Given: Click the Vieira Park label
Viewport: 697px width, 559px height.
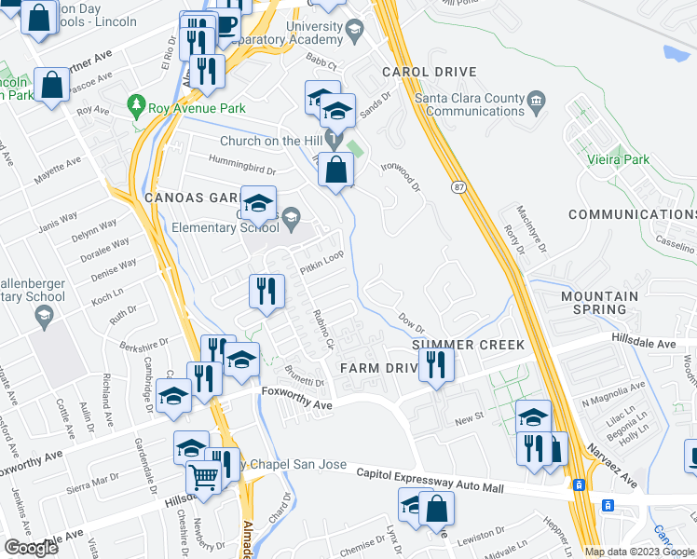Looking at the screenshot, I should coord(619,159).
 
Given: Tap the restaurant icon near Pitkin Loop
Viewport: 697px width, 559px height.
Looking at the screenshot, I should coord(266,290).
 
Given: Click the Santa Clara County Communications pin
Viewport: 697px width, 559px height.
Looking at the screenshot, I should coord(536,101).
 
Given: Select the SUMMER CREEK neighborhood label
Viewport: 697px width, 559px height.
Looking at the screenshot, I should coord(469,346).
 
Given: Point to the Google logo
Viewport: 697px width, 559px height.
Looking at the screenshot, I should coord(32,548).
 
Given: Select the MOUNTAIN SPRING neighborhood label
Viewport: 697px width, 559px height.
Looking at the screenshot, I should coord(599,303).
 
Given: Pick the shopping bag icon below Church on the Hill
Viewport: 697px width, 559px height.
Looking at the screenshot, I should coord(336,170).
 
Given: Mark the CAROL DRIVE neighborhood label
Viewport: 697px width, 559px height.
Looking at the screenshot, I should coord(429,72).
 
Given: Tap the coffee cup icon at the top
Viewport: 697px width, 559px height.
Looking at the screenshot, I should coord(226,24).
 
